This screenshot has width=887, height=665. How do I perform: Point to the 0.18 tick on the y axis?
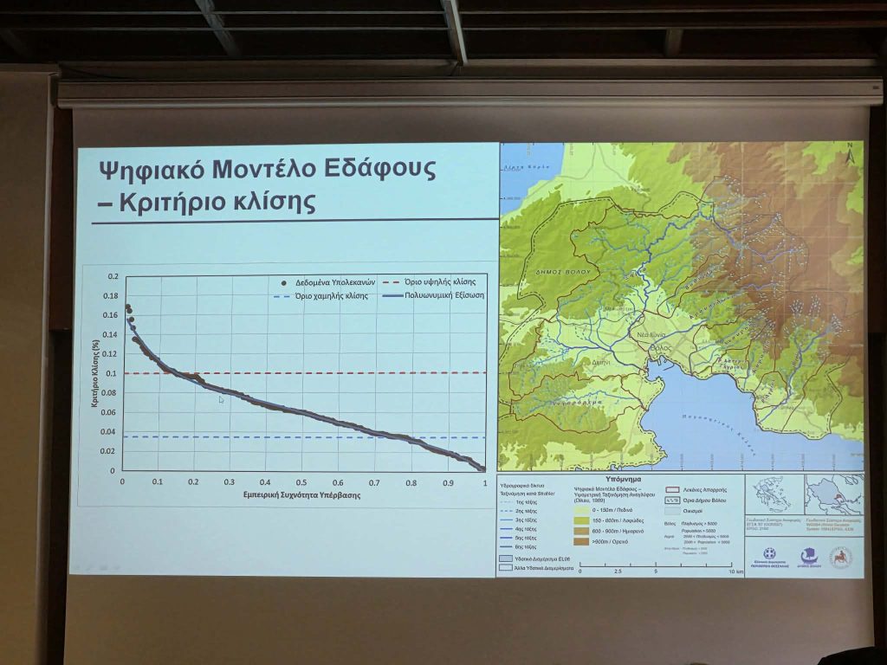tap(111, 296)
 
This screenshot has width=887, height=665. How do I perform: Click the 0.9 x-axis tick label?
tap(448, 482)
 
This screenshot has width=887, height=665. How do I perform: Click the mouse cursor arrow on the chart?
tap(222, 399)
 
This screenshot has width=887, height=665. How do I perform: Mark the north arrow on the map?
tap(850, 157)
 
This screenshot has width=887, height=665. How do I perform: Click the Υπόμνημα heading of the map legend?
tap(621, 478)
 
